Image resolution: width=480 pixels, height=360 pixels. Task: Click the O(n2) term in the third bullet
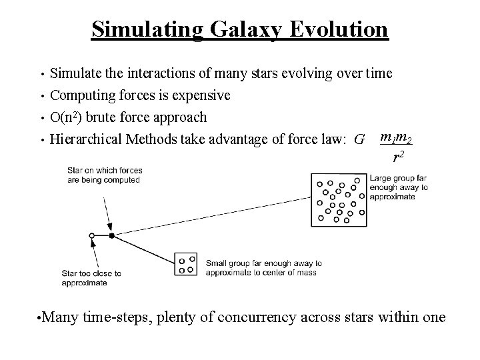[72, 117]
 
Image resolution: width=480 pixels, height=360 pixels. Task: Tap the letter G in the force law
[360, 140]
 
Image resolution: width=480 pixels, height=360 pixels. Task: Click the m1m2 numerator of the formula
[395, 138]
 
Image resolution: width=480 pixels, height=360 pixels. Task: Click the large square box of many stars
[340, 199]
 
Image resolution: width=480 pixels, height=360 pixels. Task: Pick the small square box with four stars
[186, 263]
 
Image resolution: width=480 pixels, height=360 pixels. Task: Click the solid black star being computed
[111, 235]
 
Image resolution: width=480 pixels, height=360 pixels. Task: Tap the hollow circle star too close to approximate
[91, 235]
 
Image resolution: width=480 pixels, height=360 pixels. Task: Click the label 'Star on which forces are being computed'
[104, 175]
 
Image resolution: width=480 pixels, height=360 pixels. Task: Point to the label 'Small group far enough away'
[264, 268]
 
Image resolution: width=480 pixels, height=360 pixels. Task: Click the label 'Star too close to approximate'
[91, 278]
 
